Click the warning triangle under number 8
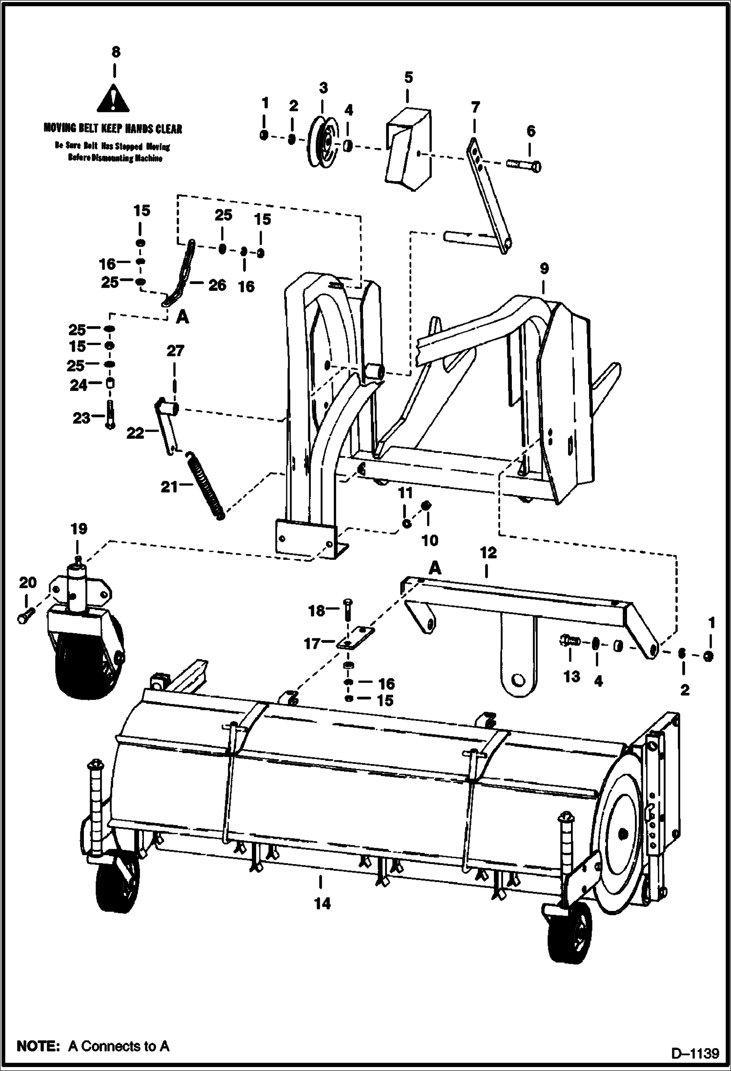[x=113, y=100]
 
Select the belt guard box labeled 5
[x=409, y=148]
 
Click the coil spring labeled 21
[x=206, y=486]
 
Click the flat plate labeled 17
[x=356, y=638]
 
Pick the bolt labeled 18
[x=346, y=610]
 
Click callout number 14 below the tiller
[x=322, y=904]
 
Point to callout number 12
[x=488, y=553]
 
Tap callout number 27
[x=175, y=350]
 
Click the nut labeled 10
[x=426, y=505]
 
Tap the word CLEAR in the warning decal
[x=168, y=129]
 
